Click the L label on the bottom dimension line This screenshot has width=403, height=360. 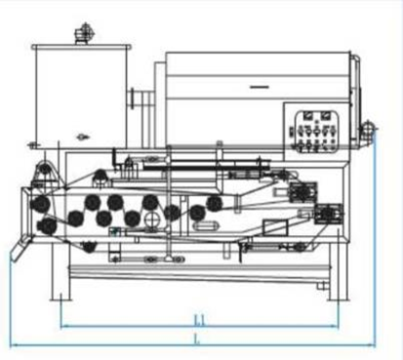click(x=196, y=339)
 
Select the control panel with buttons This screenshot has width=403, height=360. click(x=316, y=132)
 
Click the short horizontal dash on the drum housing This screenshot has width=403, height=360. click(x=260, y=87)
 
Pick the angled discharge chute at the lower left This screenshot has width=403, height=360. click(x=20, y=249)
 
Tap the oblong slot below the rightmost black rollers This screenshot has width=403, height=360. click(x=205, y=226)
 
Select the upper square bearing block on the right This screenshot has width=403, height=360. click(x=302, y=191)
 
